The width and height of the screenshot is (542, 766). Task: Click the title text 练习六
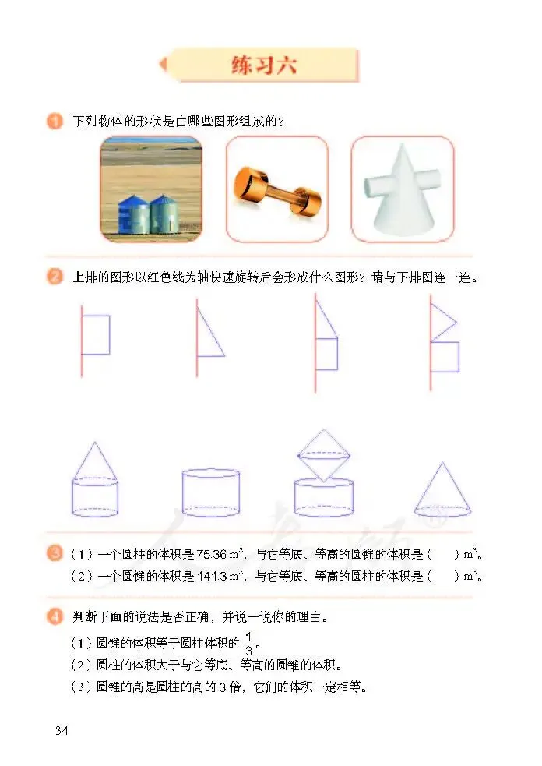point(264,65)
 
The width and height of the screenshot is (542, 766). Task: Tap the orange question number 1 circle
point(55,121)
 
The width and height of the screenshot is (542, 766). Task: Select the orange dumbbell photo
point(277,189)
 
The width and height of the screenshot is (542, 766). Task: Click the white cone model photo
point(403,189)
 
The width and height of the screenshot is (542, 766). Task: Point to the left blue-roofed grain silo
point(133,215)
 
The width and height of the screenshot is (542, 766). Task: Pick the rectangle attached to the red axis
point(96,335)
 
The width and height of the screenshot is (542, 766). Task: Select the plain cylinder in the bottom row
point(211,493)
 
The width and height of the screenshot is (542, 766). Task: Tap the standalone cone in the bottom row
point(442,490)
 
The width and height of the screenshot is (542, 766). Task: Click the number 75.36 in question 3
point(212,555)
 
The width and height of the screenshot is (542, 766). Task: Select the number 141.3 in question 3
point(212,577)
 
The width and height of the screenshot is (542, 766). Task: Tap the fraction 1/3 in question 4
point(249,644)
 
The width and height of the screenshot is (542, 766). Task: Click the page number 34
point(62,731)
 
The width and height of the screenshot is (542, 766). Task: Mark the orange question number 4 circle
point(55,617)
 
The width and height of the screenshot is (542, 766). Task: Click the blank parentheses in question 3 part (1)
point(443,555)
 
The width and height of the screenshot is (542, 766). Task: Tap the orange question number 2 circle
point(55,277)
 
